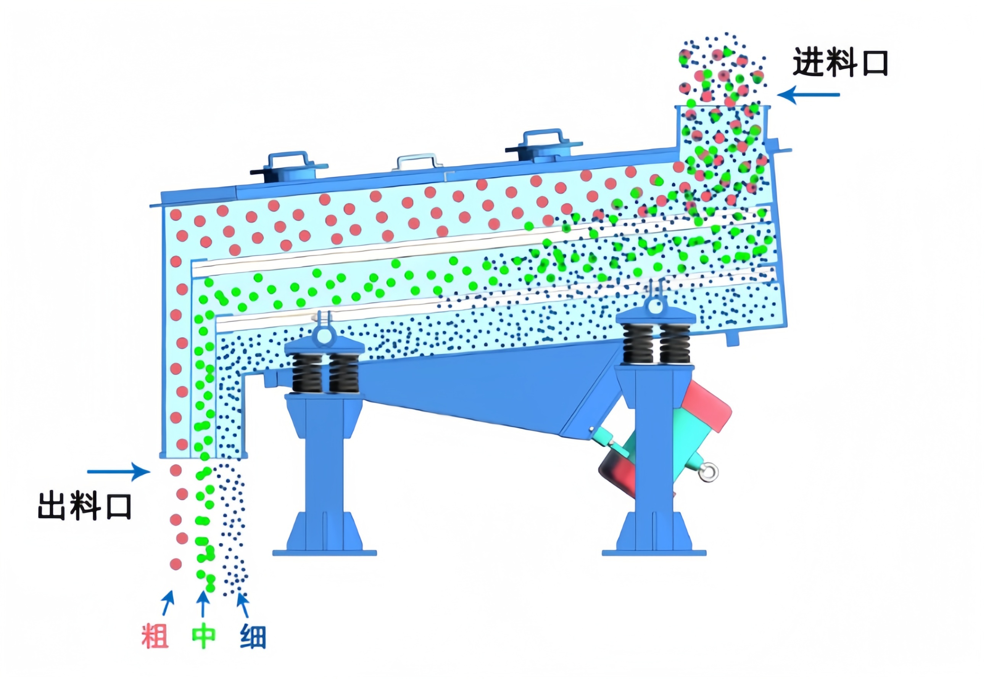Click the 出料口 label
click(x=85, y=506)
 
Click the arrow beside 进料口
click(x=808, y=95)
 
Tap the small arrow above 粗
click(x=168, y=603)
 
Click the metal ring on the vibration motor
click(x=709, y=473)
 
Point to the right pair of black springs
click(x=656, y=343)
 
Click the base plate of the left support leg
click(x=324, y=553)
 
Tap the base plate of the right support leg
click(x=654, y=553)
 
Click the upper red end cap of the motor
click(x=706, y=406)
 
